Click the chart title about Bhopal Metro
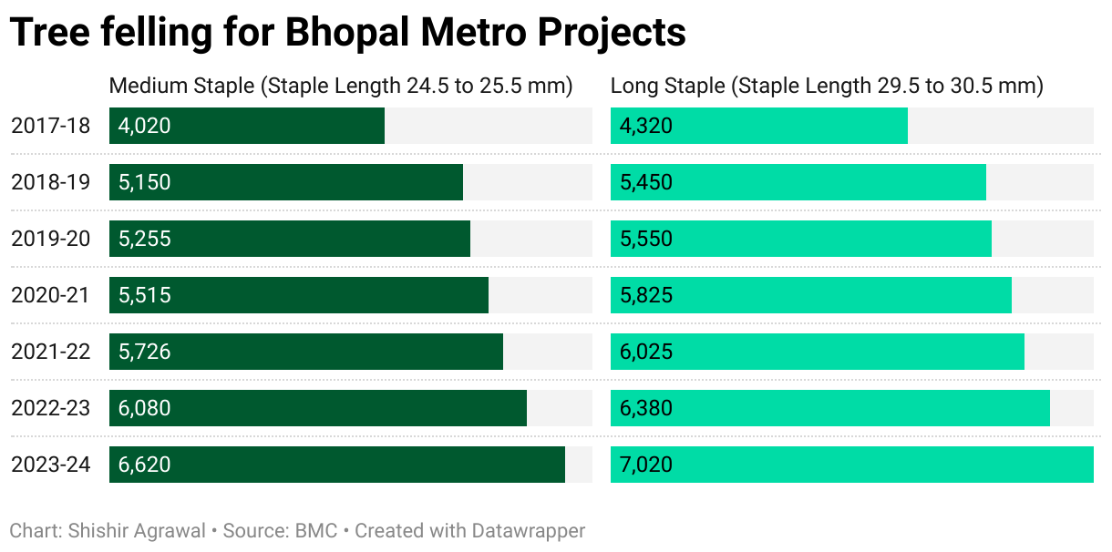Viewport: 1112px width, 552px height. [x=347, y=33]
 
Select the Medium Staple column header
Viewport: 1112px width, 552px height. [x=340, y=86]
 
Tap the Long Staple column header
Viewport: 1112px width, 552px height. [x=827, y=86]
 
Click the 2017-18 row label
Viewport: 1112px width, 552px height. [x=51, y=126]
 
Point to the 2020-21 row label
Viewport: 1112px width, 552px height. [x=51, y=295]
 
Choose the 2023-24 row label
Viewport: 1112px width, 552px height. [x=51, y=465]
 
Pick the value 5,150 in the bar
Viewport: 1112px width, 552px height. [x=145, y=182]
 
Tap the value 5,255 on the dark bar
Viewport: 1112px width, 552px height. [x=145, y=239]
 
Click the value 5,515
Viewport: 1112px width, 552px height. [x=145, y=295]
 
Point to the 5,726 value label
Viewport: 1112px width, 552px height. [x=145, y=352]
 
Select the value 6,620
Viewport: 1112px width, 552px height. [x=145, y=465]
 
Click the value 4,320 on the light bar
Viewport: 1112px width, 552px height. [x=646, y=126]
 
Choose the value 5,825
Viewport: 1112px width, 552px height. [x=646, y=295]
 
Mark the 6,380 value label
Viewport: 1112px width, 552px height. [x=646, y=408]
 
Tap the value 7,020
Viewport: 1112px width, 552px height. [x=646, y=465]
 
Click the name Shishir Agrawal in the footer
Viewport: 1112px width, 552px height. [x=137, y=530]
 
